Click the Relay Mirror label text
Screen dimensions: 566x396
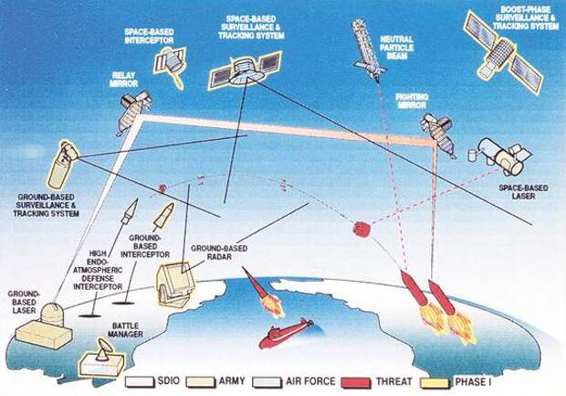[x=124, y=80]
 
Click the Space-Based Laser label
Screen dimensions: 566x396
[x=523, y=192]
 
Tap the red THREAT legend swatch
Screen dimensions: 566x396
[x=356, y=383]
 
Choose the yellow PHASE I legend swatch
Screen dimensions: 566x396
[x=435, y=383]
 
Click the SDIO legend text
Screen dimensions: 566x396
[x=169, y=380]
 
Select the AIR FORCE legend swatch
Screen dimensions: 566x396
[x=267, y=383]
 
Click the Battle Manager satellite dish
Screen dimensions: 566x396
[x=102, y=349]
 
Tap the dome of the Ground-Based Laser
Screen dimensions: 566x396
[x=53, y=313]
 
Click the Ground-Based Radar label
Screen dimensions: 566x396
[x=219, y=252]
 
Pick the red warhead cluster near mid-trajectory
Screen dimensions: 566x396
[x=362, y=229]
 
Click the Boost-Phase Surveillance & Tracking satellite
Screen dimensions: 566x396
[x=503, y=53]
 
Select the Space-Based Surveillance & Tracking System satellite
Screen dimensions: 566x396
[x=246, y=70]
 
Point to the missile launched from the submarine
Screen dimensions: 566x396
[x=263, y=292]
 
